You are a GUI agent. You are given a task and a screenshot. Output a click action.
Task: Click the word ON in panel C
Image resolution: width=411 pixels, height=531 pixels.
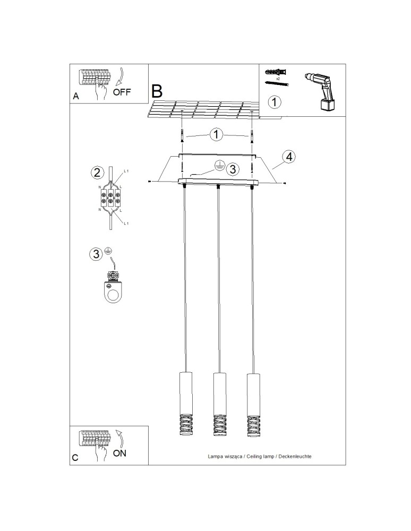click(120, 453)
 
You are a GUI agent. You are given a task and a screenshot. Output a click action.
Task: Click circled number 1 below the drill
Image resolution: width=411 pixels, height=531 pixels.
click(274, 101)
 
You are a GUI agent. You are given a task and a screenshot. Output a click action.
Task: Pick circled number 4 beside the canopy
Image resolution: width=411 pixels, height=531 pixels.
click(288, 157)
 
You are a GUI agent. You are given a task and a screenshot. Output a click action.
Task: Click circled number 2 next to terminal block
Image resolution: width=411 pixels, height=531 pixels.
click(97, 172)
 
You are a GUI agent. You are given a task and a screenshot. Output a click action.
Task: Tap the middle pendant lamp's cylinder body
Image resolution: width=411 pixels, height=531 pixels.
click(218, 393)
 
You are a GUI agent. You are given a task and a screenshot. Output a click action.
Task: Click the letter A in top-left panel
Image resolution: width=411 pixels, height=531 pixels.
click(75, 97)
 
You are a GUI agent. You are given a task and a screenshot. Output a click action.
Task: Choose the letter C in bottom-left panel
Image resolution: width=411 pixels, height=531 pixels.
click(75, 457)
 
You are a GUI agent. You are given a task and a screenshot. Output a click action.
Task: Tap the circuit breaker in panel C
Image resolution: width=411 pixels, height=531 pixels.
click(94, 439)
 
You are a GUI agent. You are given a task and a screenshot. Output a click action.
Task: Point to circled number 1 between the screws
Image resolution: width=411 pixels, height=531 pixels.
click(216, 134)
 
